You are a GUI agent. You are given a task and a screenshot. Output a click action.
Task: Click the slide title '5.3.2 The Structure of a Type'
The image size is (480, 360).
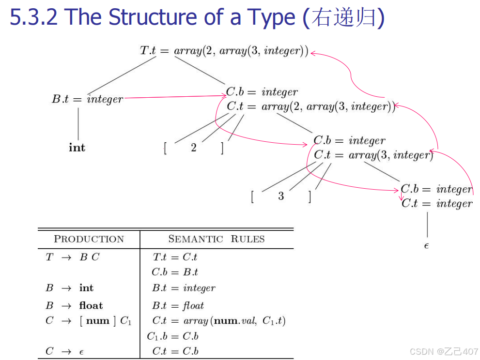pyautogui.click(x=153, y=17)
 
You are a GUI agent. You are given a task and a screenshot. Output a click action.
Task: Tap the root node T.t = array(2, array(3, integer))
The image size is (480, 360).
pyautogui.click(x=224, y=51)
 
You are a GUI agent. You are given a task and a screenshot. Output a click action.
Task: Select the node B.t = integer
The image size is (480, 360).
pyautogui.click(x=88, y=99)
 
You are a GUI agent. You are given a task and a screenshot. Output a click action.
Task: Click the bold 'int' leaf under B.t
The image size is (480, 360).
pyautogui.click(x=77, y=148)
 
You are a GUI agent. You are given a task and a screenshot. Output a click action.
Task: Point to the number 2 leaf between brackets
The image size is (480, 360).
pyautogui.click(x=194, y=148)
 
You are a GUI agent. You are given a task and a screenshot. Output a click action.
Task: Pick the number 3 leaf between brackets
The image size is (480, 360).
pyautogui.click(x=281, y=196)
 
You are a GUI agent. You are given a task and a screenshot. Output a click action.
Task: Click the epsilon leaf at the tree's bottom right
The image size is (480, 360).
pyautogui.click(x=426, y=246)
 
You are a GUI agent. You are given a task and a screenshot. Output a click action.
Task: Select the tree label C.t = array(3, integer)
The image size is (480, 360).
pyautogui.click(x=373, y=155)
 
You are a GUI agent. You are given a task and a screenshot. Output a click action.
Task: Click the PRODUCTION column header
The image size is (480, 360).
pyautogui.click(x=89, y=239)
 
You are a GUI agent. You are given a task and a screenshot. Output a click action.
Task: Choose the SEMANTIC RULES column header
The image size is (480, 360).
pyautogui.click(x=216, y=239)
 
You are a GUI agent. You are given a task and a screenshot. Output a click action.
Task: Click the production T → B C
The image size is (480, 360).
pyautogui.click(x=72, y=257)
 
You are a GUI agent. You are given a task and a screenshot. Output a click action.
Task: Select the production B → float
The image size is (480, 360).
pyautogui.click(x=74, y=305)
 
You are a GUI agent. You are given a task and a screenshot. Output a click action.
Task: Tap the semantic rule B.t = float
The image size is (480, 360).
pyautogui.click(x=178, y=305)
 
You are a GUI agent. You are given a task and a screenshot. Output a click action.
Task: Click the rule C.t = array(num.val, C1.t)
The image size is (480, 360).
pyautogui.click(x=218, y=320)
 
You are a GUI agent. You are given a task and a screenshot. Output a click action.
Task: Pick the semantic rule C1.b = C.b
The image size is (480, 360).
pyautogui.click(x=173, y=336)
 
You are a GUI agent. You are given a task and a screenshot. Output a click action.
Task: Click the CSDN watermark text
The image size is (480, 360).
pyautogui.click(x=444, y=351)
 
